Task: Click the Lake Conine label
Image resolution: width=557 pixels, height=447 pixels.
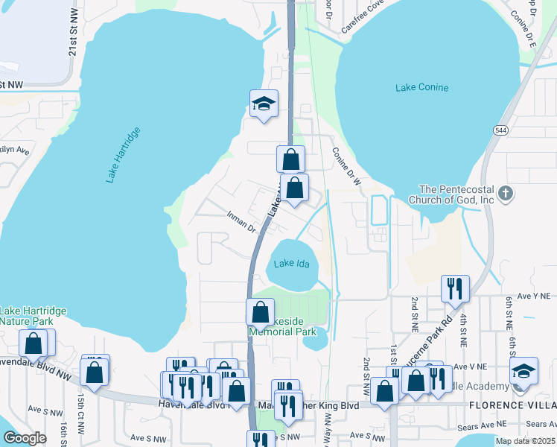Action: [422, 88]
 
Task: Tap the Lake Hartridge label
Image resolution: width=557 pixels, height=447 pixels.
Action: [123, 155]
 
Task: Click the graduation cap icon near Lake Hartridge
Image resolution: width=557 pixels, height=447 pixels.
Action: [264, 104]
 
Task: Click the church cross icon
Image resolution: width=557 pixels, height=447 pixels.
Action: [506, 194]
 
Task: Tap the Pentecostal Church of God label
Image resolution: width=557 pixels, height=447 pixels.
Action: [456, 194]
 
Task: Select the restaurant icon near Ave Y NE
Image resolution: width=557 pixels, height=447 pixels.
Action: [455, 288]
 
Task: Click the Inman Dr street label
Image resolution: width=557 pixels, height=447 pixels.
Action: [241, 221]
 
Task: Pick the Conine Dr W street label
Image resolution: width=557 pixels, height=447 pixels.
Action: [346, 165]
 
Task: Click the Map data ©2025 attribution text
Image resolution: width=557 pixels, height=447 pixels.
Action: [525, 441]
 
